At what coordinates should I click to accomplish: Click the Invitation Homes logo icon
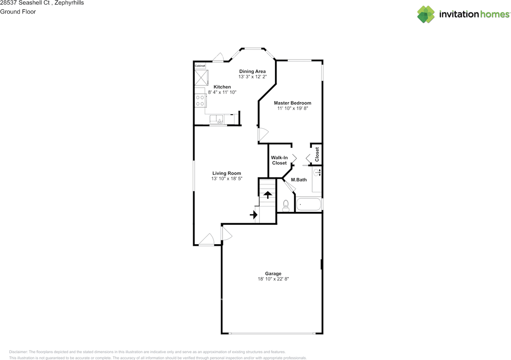(x=426, y=14)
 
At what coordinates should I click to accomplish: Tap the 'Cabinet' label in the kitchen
(x=200, y=65)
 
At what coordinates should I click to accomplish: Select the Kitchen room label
(x=222, y=87)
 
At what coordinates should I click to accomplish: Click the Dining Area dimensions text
(x=252, y=77)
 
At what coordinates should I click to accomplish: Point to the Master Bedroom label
(x=292, y=103)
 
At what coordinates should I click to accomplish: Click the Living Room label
(x=226, y=173)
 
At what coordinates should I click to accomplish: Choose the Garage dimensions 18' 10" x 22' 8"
(x=273, y=279)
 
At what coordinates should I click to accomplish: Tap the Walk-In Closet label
(x=279, y=160)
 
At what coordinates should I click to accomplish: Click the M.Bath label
(x=299, y=180)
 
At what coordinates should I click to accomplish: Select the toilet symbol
(x=286, y=206)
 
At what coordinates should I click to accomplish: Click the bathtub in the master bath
(x=309, y=205)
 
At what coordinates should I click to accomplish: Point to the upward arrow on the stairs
(x=267, y=194)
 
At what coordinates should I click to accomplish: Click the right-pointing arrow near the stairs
(x=254, y=215)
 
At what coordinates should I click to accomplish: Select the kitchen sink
(x=217, y=119)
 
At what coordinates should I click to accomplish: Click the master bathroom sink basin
(x=317, y=173)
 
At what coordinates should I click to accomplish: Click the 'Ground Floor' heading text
(x=18, y=12)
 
